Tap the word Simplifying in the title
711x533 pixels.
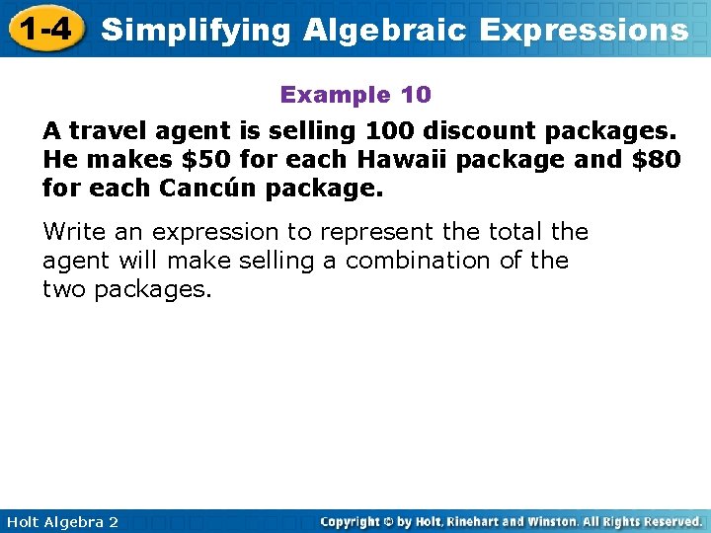pyautogui.click(x=196, y=30)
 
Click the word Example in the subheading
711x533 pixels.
pyautogui.click(x=336, y=95)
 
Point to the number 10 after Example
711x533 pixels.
pyautogui.click(x=416, y=95)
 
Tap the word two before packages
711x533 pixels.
pyautogui.click(x=65, y=289)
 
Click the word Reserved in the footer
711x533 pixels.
pyautogui.click(x=666, y=521)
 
